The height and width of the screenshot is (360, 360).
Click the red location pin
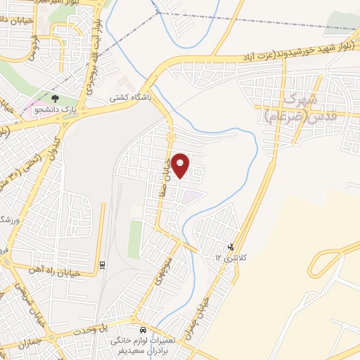click(181, 165)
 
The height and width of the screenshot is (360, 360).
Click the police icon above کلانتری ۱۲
click(231, 247)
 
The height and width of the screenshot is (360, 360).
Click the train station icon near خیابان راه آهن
click(102, 265)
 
